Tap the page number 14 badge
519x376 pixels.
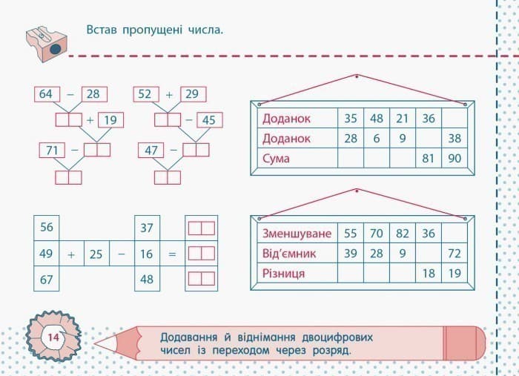point(53,338)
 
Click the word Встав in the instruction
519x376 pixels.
point(102,30)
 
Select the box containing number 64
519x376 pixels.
point(46,94)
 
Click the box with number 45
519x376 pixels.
point(208,120)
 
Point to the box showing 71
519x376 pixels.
point(51,151)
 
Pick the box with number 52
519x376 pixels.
point(145,94)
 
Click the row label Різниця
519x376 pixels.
point(283,274)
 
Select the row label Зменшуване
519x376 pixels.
point(294,234)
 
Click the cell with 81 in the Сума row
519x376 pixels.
point(428,159)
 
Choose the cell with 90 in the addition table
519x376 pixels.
point(454,159)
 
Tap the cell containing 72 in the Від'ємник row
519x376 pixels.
point(454,254)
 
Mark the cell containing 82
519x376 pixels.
point(402,234)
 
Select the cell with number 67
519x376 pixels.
point(46,280)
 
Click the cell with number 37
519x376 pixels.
point(146,228)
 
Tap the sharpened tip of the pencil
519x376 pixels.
point(100,343)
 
